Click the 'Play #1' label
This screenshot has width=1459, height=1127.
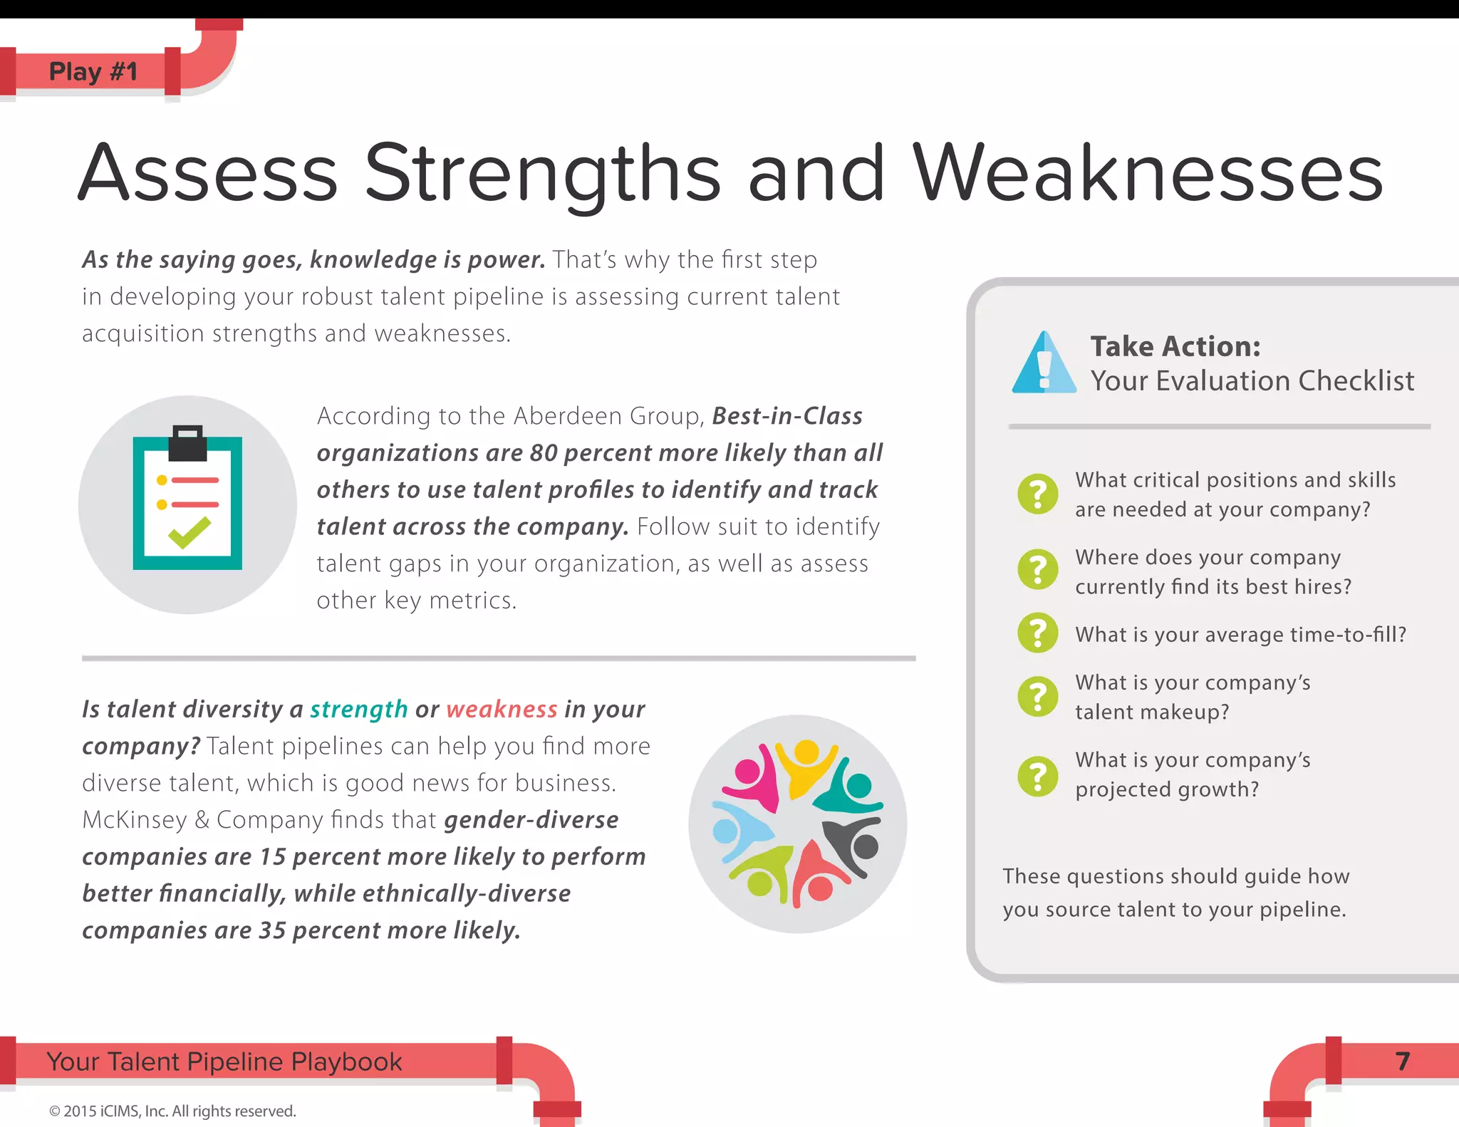(93, 71)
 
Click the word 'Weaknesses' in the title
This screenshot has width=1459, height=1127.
(1147, 173)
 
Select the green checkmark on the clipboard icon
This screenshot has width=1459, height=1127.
(189, 532)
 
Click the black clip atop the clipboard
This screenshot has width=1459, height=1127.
(187, 444)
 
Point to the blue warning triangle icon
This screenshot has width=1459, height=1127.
(1044, 365)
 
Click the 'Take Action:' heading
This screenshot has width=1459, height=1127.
(1175, 346)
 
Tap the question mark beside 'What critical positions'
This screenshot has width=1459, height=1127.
(1038, 494)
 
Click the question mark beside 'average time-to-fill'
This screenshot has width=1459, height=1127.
(1038, 633)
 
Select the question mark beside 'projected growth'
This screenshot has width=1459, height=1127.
(1038, 775)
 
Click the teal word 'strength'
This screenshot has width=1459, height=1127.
(358, 709)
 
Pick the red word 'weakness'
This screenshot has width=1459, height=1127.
(502, 709)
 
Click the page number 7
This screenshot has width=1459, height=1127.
(1402, 1061)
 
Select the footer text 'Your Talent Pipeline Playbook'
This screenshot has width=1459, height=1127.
(224, 1061)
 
